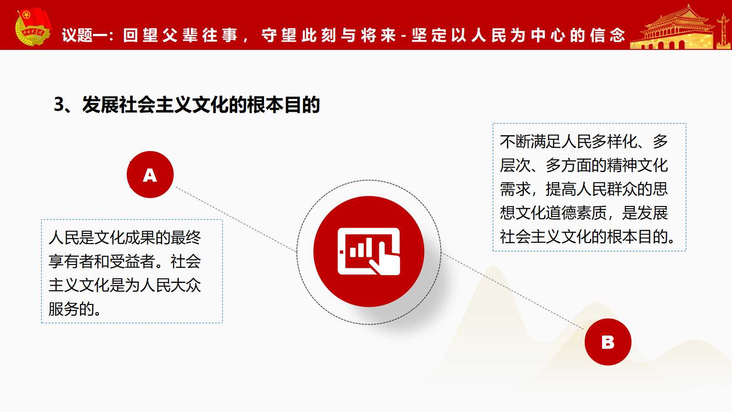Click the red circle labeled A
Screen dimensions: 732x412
tap(150, 174)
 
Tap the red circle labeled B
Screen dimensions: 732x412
tap(608, 342)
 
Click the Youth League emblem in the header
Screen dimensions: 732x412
tap(33, 27)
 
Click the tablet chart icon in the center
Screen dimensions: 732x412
tap(369, 251)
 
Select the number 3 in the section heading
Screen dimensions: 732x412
tap(59, 105)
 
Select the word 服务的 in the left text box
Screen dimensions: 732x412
tap(71, 309)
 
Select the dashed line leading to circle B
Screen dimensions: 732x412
tap(512, 290)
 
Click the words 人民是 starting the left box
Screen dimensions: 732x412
tap(71, 238)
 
